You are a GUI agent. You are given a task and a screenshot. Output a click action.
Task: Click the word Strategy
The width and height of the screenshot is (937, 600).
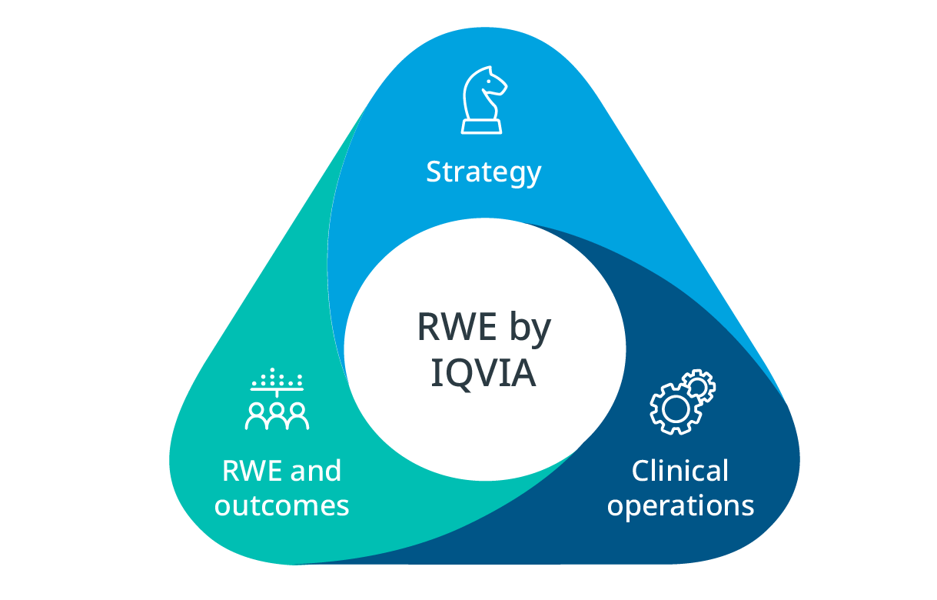(483, 172)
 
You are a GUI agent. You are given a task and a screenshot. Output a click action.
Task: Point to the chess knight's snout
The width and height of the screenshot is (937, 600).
(502, 91)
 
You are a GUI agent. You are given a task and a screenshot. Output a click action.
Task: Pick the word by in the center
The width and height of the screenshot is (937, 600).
(529, 328)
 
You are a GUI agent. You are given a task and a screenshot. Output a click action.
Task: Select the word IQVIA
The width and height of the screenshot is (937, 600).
(483, 373)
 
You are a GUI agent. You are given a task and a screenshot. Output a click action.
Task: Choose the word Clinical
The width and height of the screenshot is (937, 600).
(679, 470)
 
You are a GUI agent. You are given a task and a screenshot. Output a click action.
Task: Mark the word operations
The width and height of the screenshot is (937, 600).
(680, 505)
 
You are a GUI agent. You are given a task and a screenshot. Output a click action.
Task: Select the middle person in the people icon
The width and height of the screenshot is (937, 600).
(277, 415)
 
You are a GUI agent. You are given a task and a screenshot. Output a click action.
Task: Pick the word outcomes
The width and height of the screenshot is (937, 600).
(281, 505)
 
